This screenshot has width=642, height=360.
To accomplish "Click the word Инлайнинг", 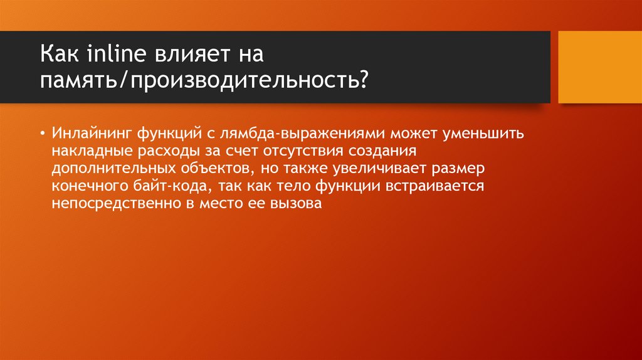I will [92, 134].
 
